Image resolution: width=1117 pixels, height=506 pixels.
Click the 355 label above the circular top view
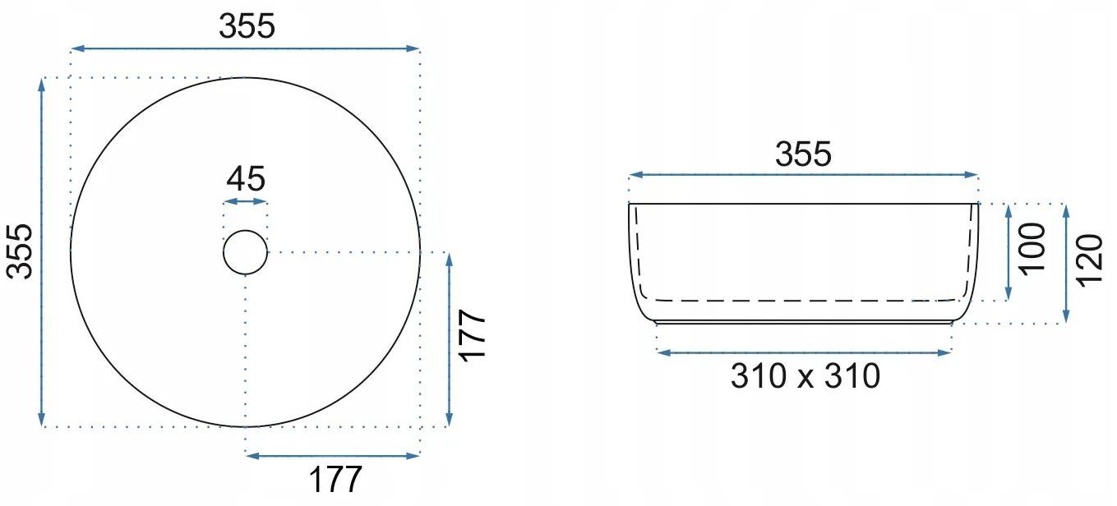[x=247, y=26]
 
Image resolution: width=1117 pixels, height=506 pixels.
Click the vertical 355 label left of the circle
[x=20, y=251]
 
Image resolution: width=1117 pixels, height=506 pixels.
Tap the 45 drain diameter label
[x=246, y=178]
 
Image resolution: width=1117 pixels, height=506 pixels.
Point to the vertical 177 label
[x=472, y=336]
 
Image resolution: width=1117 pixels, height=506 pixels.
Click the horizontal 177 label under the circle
[x=335, y=480]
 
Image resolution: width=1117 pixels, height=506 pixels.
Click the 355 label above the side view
[x=803, y=154]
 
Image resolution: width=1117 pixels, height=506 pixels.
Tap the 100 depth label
[x=1032, y=249]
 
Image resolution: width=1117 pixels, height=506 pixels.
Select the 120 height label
[x=1090, y=260]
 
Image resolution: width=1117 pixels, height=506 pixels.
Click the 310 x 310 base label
[x=805, y=376]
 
